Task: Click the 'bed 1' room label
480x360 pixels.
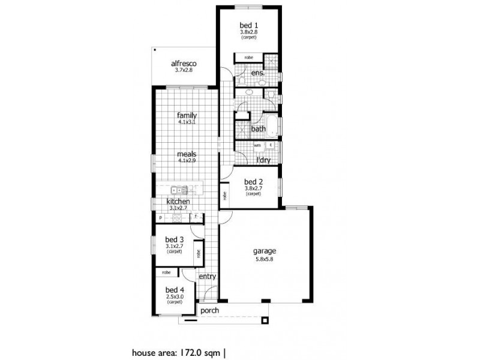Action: [x=248, y=25]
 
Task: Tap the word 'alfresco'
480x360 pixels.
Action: [x=184, y=63]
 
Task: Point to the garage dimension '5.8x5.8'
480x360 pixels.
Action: [x=264, y=260]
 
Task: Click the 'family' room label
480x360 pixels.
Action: [x=187, y=115]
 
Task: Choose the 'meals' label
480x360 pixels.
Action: [x=187, y=154]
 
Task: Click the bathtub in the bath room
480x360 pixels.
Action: [x=274, y=127]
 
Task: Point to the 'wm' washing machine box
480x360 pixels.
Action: [x=257, y=145]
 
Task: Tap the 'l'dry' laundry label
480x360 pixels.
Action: [x=263, y=161]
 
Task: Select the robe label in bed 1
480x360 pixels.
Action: [x=248, y=57]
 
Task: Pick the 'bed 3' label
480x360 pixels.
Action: [x=174, y=239]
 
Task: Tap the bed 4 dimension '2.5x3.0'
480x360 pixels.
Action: [x=174, y=296]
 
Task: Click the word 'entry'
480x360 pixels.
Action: [x=207, y=277]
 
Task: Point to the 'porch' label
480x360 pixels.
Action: [x=209, y=311]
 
